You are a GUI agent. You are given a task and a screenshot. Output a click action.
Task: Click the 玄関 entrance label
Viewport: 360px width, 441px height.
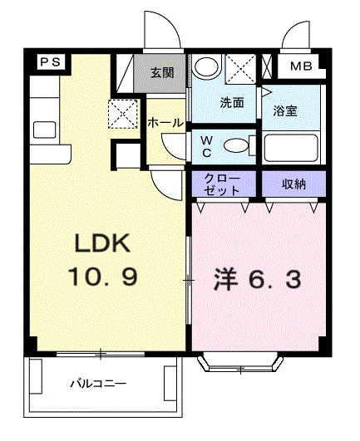(x=162, y=73)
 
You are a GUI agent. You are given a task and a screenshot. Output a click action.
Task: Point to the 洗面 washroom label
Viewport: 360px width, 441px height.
(x=231, y=104)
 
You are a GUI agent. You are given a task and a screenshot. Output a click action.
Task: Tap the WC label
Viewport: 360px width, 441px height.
(x=206, y=145)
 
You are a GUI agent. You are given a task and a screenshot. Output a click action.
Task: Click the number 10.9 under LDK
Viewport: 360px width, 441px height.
(x=103, y=276)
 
